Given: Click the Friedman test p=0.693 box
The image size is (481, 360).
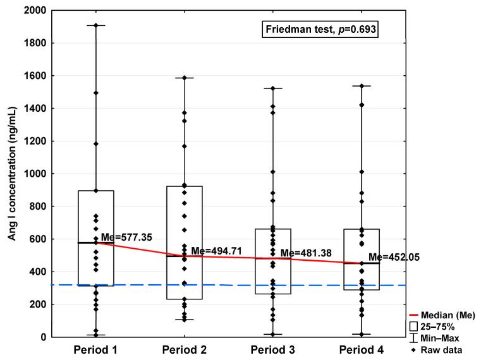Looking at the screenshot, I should [320, 30].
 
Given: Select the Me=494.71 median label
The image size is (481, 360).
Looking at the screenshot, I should [217, 251].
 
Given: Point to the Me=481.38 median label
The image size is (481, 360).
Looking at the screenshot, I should [306, 253].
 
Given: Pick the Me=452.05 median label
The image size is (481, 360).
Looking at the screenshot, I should [394, 258].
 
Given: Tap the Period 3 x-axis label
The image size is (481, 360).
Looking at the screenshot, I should [273, 349].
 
